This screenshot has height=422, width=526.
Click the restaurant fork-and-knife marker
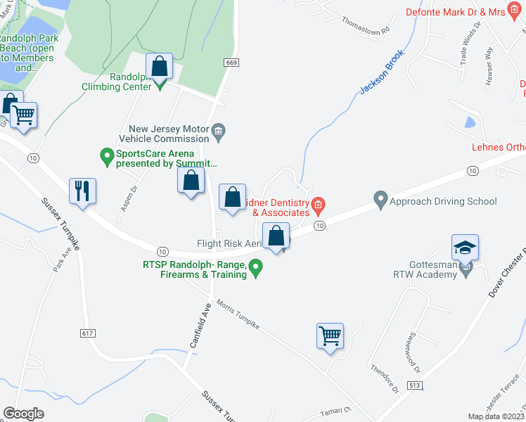82,191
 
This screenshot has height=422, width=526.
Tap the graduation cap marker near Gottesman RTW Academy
465,248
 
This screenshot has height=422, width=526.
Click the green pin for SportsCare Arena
107,155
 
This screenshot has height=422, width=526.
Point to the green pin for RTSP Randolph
257,267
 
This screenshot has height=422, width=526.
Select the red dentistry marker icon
318,205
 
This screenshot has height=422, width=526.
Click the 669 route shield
231,63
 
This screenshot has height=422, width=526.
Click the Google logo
24,413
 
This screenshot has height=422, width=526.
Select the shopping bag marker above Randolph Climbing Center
160,67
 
